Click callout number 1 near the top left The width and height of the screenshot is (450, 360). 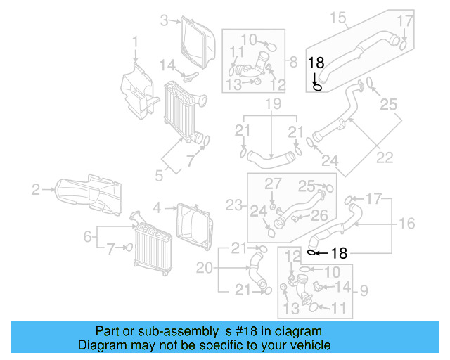click(135, 46)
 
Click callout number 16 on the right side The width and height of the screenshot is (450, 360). click(406, 224)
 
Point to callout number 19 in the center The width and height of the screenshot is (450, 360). click(273, 105)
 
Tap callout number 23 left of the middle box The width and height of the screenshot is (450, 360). click(233, 205)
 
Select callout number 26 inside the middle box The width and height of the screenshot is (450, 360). click(319, 214)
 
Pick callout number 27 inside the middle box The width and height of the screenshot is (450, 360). click(272, 184)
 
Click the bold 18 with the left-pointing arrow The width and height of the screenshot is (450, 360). click(338, 252)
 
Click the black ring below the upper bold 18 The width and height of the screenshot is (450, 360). click(317, 87)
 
